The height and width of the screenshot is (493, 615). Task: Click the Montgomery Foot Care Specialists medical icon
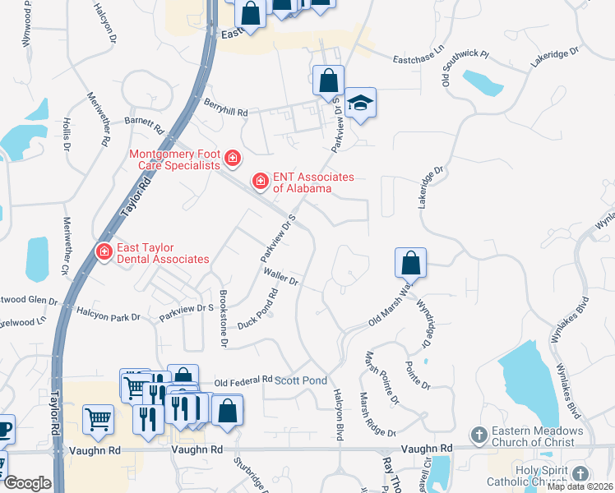[233, 157]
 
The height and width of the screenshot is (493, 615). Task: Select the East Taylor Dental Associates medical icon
[104, 250]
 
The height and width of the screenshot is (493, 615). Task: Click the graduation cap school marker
[360, 102]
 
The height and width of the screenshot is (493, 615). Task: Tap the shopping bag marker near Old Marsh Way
[410, 263]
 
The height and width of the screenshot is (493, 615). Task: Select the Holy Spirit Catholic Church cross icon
[580, 474]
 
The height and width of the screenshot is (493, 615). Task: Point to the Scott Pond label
[301, 380]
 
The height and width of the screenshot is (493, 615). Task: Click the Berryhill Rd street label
[225, 113]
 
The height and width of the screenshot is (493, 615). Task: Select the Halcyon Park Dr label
[109, 315]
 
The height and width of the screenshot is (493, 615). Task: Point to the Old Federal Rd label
[243, 381]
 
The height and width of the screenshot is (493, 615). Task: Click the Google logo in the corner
[27, 483]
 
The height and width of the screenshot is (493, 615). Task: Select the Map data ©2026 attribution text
[580, 486]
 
